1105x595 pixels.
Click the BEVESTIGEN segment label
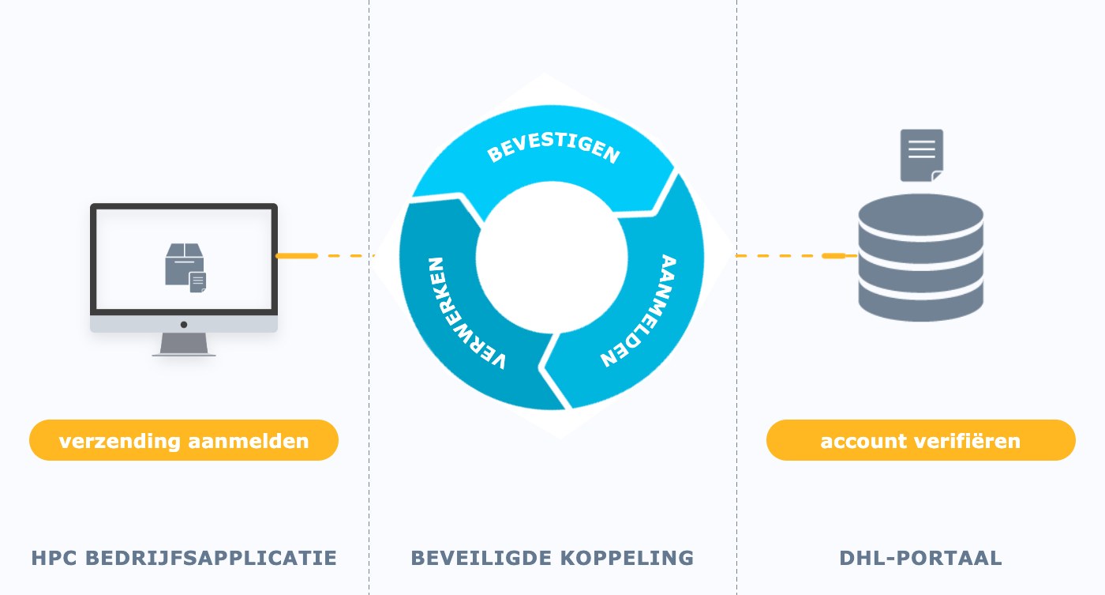pyautogui.click(x=553, y=147)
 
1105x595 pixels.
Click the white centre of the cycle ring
pyautogui.click(x=552, y=258)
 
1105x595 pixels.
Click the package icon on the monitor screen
pyautogui.click(x=185, y=267)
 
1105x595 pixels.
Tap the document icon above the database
pyautogui.click(x=922, y=155)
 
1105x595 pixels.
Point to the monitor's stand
pyautogui.click(x=184, y=345)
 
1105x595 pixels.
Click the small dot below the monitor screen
pyautogui.click(x=183, y=325)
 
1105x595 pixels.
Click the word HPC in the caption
pyautogui.click(x=54, y=558)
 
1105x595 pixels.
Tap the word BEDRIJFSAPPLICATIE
pyautogui.click(x=212, y=558)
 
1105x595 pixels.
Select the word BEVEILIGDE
pyautogui.click(x=481, y=558)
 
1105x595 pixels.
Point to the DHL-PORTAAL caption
pyautogui.click(x=920, y=558)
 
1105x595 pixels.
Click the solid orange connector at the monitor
pyautogui.click(x=297, y=256)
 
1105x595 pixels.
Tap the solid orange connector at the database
pyautogui.click(x=839, y=256)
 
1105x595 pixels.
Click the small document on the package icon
pyautogui.click(x=198, y=282)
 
